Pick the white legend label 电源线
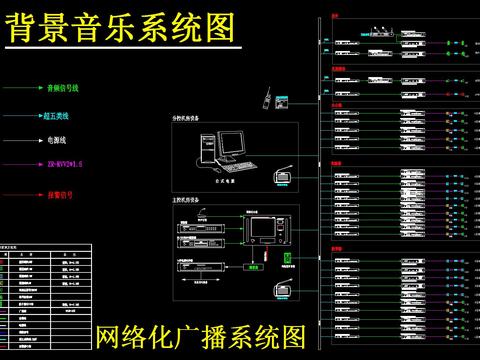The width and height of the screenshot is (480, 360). pyautogui.click(x=54, y=142)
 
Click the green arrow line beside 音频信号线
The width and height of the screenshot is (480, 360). pyautogui.click(x=20, y=89)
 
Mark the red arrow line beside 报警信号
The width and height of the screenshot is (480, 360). pyautogui.click(x=20, y=196)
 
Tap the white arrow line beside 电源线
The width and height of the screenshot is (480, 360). pyautogui.click(x=20, y=142)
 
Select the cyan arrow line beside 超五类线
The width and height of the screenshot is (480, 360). pyautogui.click(x=20, y=116)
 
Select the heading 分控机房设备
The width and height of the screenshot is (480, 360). pyautogui.click(x=186, y=118)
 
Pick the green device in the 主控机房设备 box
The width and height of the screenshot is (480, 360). pyautogui.click(x=288, y=258)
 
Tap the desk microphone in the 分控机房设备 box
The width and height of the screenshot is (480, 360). pyautogui.click(x=281, y=178)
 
